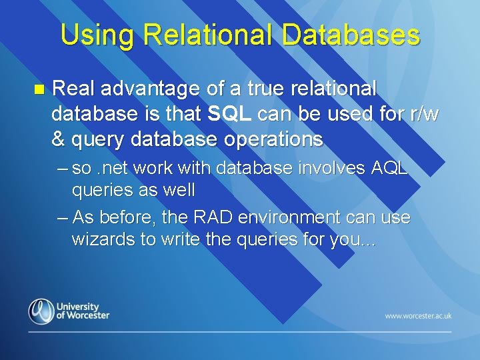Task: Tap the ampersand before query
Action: click(58, 140)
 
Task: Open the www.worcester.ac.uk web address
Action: click(417, 315)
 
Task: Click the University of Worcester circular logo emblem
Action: click(41, 311)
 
